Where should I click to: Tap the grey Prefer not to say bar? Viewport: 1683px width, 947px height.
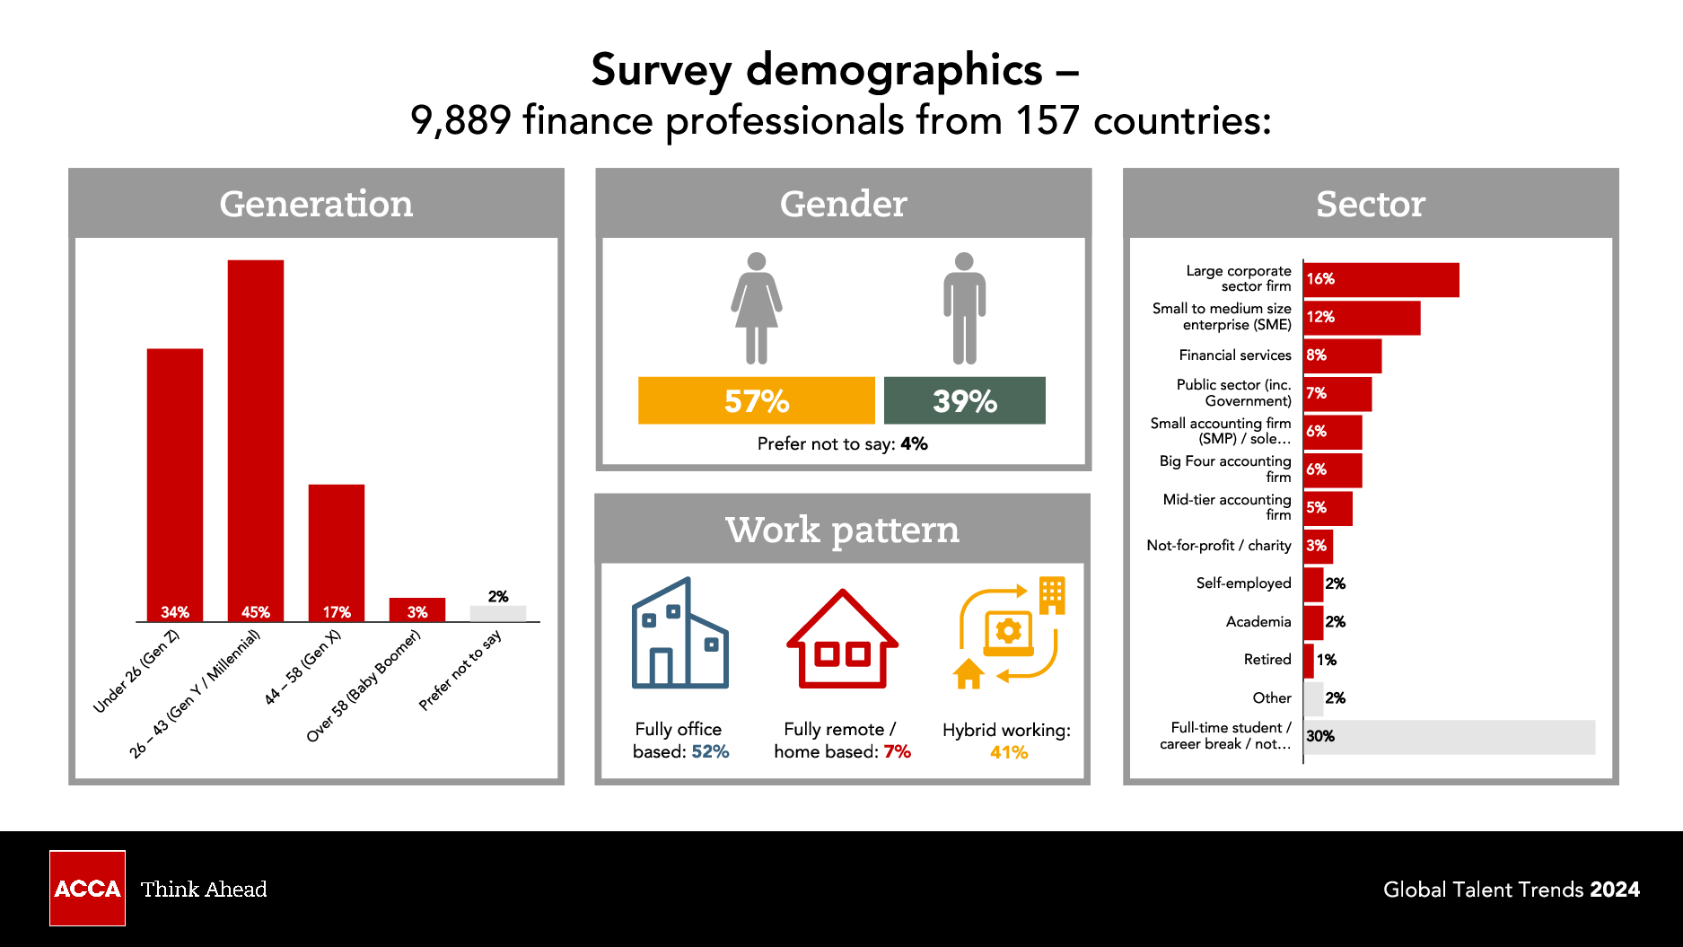pyautogui.click(x=498, y=614)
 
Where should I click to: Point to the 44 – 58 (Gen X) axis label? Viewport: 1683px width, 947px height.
pyautogui.click(x=302, y=667)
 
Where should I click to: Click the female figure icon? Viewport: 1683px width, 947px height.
pyautogui.click(x=757, y=308)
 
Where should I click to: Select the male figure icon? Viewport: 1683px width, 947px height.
pyautogui.click(x=964, y=308)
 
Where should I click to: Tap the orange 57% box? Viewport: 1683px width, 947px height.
pyautogui.click(x=756, y=400)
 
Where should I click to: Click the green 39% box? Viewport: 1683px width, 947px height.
pyautogui.click(x=964, y=400)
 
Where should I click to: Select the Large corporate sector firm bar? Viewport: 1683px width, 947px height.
pyautogui.click(x=1381, y=280)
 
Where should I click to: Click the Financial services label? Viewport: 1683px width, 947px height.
pyautogui.click(x=1235, y=355)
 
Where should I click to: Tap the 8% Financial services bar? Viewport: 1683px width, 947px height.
pyautogui.click(x=1343, y=356)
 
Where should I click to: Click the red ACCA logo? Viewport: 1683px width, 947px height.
pyautogui.click(x=87, y=888)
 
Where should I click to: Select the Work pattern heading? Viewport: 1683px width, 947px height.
pyautogui.click(x=842, y=530)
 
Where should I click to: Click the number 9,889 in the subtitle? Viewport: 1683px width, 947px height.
pyautogui.click(x=460, y=120)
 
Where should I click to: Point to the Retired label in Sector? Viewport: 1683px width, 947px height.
pyautogui.click(x=1267, y=660)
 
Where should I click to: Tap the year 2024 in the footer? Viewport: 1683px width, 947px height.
pyautogui.click(x=1615, y=890)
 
